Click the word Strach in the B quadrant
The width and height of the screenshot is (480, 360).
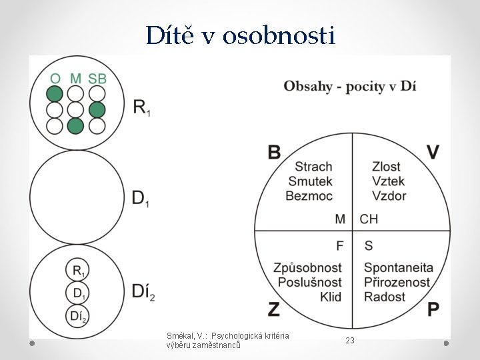[x=313, y=167]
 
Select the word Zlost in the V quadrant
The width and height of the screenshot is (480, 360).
[x=387, y=167]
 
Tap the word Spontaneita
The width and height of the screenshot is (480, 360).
[x=398, y=268]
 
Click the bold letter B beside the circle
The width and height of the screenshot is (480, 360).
[x=274, y=152]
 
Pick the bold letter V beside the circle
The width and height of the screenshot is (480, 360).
[x=433, y=152]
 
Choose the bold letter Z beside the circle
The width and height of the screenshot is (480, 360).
[x=274, y=309]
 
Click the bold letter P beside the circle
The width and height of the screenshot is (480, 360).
[x=433, y=309]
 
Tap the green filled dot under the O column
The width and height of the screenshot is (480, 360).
[x=55, y=93]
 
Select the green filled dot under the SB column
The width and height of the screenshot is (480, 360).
[x=97, y=109]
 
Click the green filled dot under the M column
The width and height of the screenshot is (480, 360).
[x=76, y=125]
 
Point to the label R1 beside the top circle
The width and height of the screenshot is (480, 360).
[x=141, y=108]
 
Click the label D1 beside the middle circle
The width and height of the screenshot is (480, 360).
[x=140, y=198]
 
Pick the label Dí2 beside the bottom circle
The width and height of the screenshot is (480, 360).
[x=143, y=291]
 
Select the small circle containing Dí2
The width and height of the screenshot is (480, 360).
[x=78, y=316]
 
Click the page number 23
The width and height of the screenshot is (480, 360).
[x=350, y=341]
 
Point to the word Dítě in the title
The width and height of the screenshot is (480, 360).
[x=171, y=35]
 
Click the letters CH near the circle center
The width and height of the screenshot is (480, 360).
[x=369, y=219]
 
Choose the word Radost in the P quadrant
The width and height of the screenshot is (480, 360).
[x=385, y=297]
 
